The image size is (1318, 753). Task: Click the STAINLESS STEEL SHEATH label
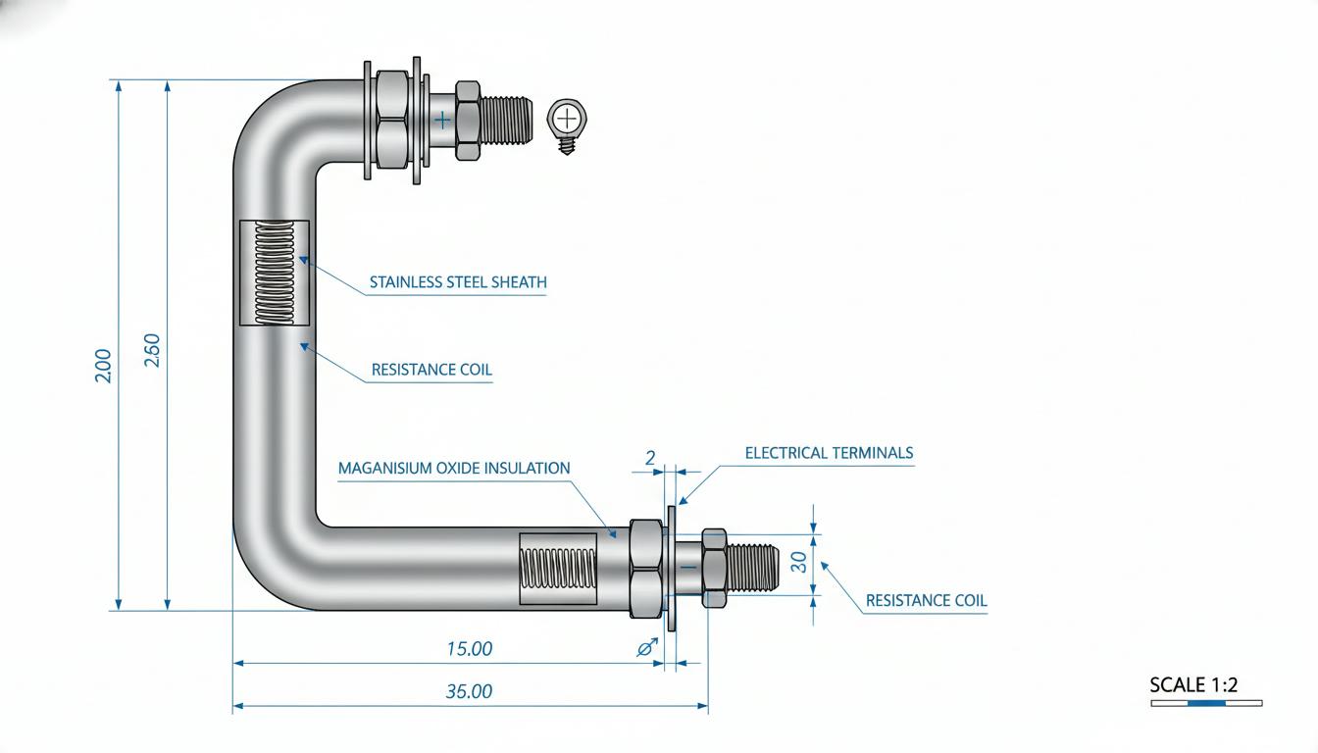[458, 282]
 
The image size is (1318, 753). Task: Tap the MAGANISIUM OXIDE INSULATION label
[454, 469]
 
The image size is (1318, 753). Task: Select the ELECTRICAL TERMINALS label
[829, 453]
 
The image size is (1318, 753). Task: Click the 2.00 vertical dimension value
[103, 366]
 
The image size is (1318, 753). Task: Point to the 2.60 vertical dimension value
[152, 350]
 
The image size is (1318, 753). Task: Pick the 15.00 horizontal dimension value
[470, 649]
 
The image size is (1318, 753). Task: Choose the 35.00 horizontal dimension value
[469, 691]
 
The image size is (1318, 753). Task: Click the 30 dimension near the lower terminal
[798, 562]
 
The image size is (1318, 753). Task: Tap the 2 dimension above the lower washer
[650, 458]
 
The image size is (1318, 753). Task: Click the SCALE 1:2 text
[1193, 684]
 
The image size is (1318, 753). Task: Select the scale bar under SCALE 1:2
[1207, 703]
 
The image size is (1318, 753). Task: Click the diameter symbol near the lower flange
[647, 648]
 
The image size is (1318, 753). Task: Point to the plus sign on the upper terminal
[442, 121]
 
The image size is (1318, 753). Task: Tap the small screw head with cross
[567, 120]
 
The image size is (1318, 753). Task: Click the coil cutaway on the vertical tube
[275, 273]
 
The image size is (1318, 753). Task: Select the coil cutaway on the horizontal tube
[558, 569]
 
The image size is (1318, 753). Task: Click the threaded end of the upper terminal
[507, 121]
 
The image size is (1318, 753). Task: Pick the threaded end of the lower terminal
[752, 568]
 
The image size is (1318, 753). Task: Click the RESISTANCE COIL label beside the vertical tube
[431, 370]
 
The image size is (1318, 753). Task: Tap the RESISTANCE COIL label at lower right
[926, 601]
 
